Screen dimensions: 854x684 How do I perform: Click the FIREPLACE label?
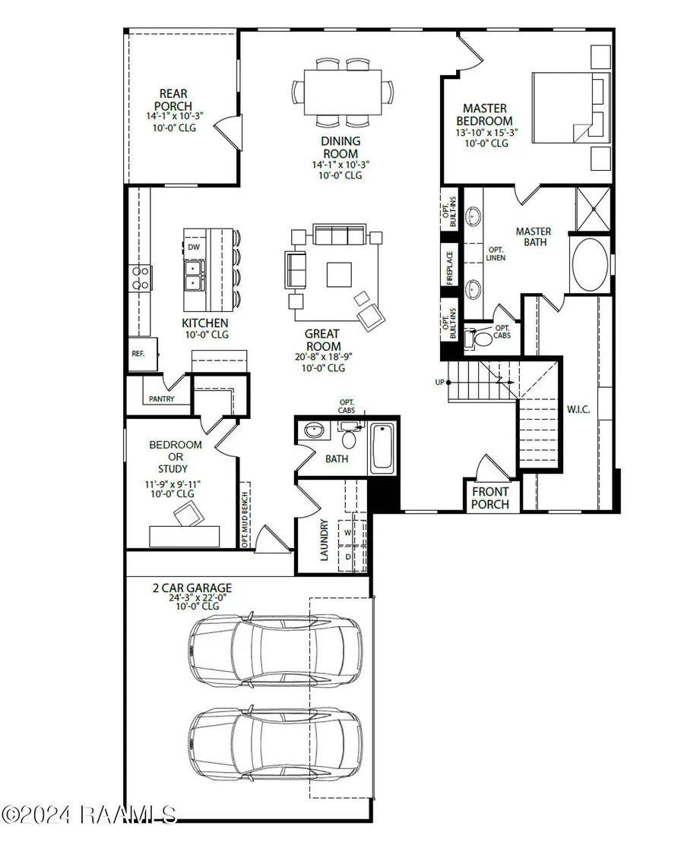450,268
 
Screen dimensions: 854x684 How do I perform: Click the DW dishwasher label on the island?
194,247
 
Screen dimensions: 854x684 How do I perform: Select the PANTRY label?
161,399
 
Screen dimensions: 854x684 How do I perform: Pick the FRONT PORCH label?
490,497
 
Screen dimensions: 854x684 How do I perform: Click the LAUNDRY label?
324,540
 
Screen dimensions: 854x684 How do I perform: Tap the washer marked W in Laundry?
348,533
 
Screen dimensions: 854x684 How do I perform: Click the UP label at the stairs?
439,382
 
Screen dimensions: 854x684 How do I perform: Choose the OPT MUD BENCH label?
245,515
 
